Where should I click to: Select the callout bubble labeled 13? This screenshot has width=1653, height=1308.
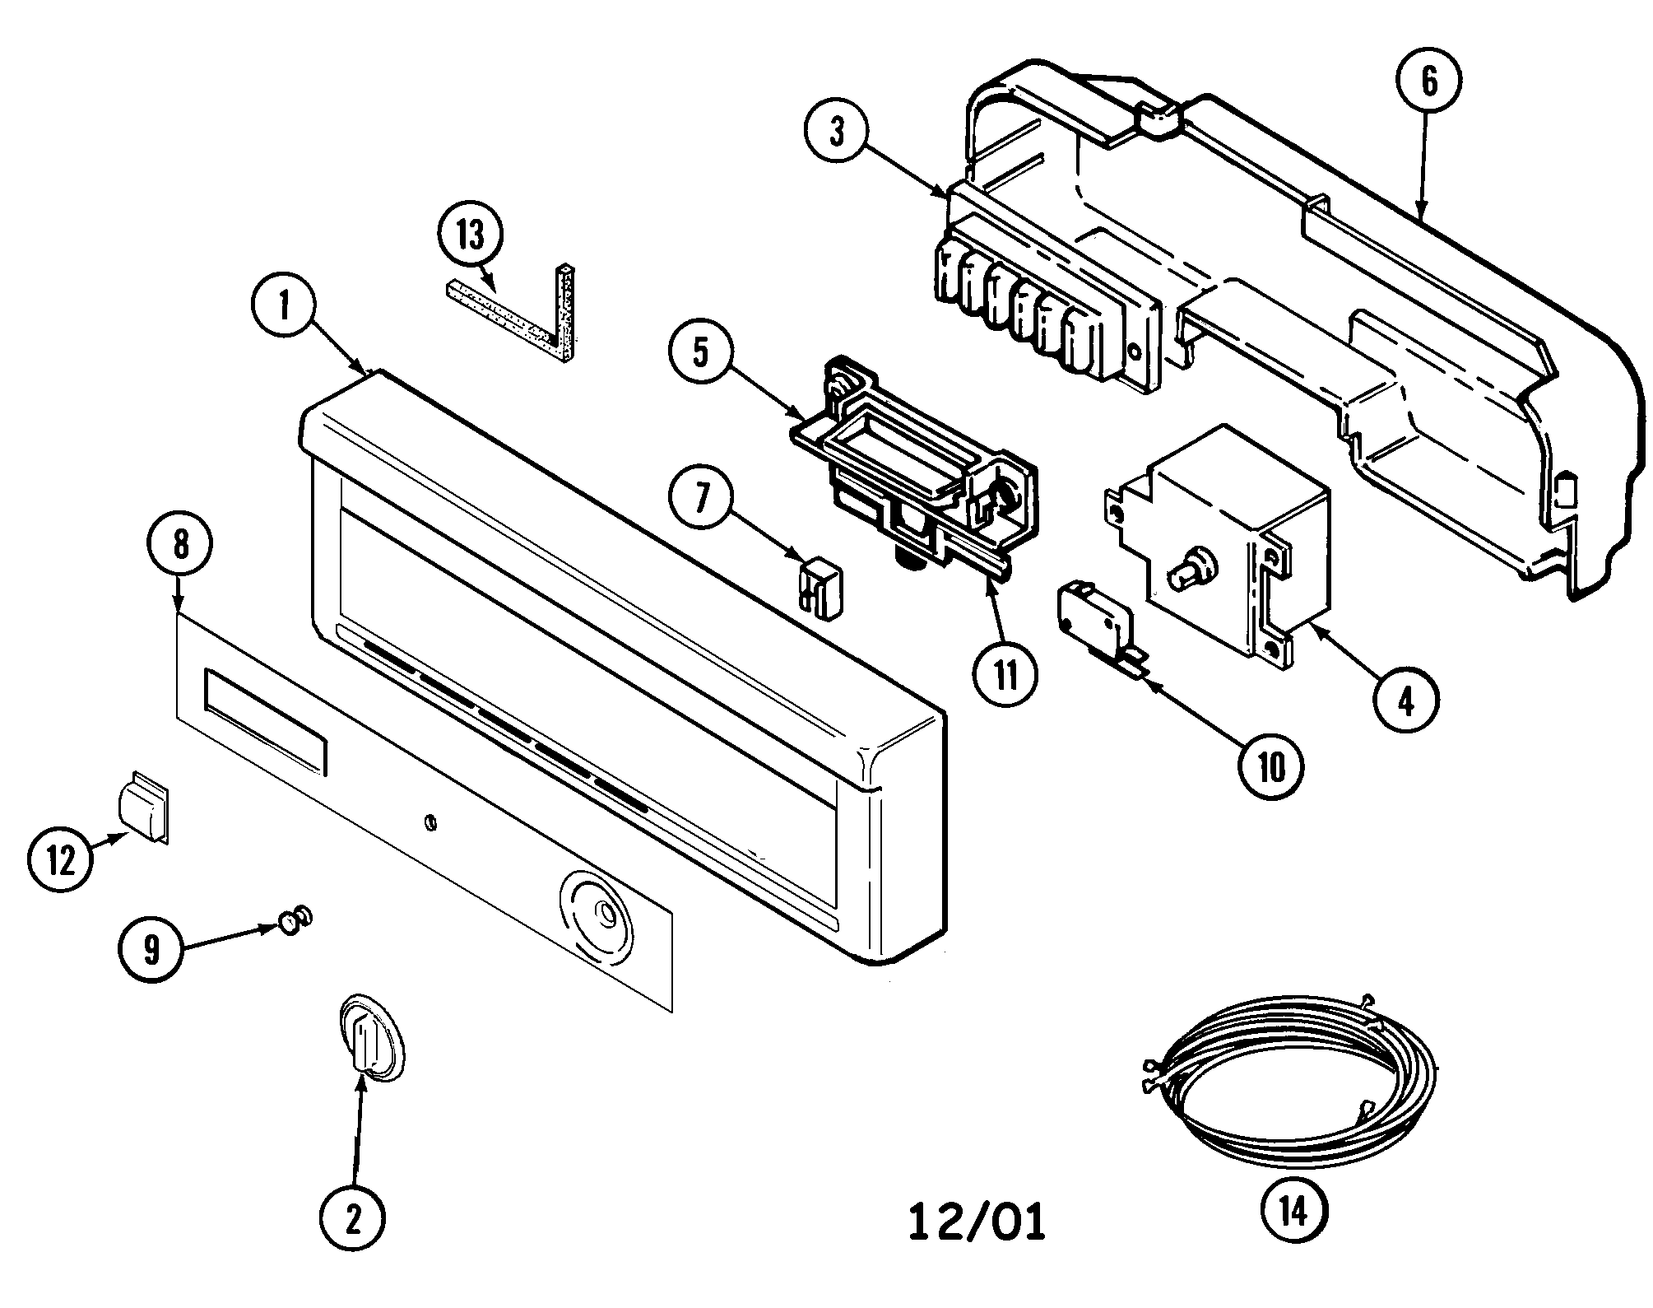tap(470, 235)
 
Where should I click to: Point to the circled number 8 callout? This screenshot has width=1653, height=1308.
tap(181, 543)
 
